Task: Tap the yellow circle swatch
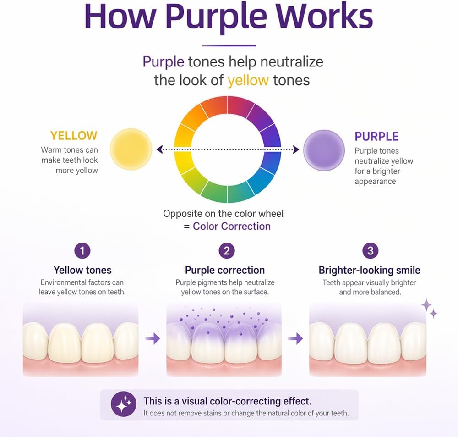131,149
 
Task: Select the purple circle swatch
324,150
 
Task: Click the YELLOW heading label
74,136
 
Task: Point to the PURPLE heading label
376,137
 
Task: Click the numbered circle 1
82,251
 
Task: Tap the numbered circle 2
227,251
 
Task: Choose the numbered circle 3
371,251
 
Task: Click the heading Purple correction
225,270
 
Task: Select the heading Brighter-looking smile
370,270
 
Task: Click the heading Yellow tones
82,270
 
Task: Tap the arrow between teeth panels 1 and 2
153,339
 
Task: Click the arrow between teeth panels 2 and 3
295,339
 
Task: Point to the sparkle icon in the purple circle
124,404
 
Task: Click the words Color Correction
232,226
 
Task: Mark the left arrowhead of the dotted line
159,149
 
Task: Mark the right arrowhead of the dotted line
296,149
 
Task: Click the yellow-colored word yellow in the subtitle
248,80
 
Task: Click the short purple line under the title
229,46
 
